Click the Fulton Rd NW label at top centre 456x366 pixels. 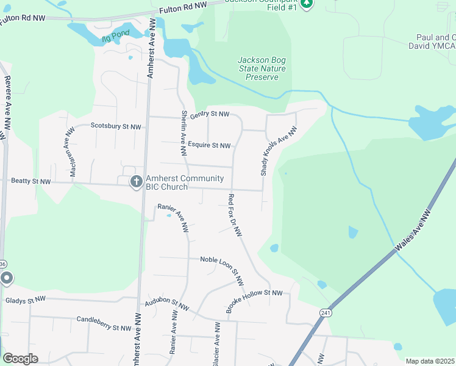point(183,6)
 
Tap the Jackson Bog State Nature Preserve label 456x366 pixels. point(262,68)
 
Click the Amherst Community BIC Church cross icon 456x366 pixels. point(137,182)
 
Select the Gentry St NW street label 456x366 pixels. point(209,114)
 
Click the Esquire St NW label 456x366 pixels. point(209,145)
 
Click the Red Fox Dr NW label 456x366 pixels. point(235,215)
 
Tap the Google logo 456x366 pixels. point(21,359)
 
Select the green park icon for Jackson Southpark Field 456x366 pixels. point(307,4)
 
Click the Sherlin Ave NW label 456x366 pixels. point(182,129)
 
